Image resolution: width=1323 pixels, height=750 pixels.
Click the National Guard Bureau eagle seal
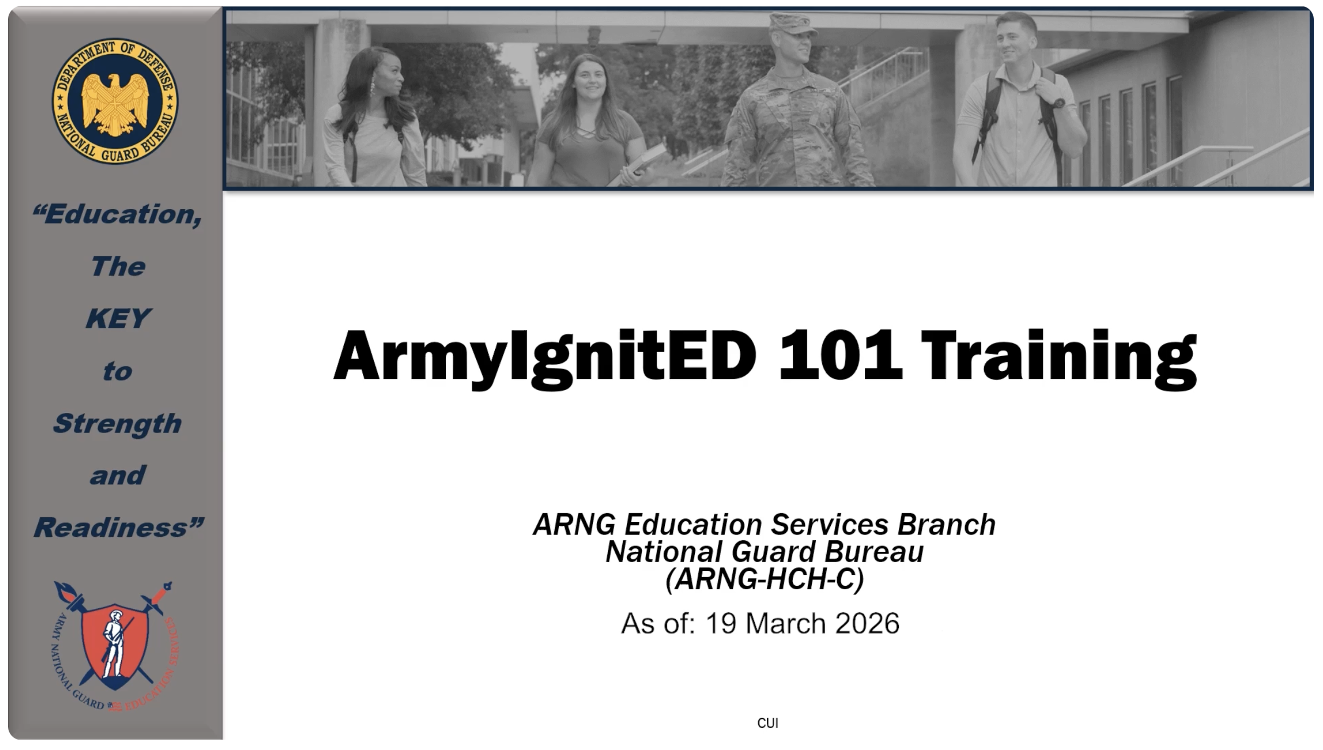(115, 101)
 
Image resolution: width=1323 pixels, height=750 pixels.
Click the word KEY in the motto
(118, 319)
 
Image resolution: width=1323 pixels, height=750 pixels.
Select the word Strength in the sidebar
(117, 424)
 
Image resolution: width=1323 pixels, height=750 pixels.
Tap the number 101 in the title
(840, 355)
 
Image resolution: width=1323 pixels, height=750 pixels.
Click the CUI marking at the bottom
(768, 723)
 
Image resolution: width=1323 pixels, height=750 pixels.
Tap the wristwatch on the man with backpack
(1059, 103)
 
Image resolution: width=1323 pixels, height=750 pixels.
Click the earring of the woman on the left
(372, 88)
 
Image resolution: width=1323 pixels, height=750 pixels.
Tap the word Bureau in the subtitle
(874, 552)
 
